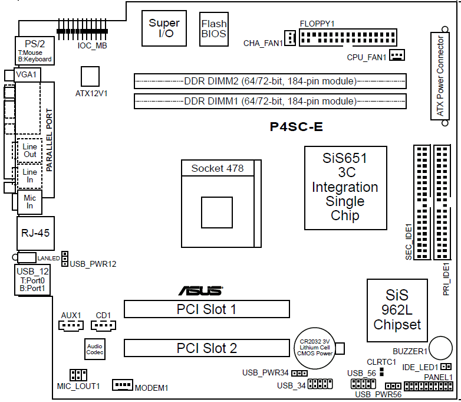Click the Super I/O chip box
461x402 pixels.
pyautogui.click(x=164, y=28)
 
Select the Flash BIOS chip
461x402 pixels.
pyautogui.click(x=213, y=28)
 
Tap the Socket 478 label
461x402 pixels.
pyautogui.click(x=217, y=168)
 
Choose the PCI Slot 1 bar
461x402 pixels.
pyautogui.click(x=206, y=309)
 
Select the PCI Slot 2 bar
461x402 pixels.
pyautogui.click(x=206, y=348)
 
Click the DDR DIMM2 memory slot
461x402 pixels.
pyautogui.click(x=270, y=81)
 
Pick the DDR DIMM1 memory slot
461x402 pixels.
pyautogui.click(x=270, y=101)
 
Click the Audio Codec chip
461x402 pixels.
pyautogui.click(x=94, y=348)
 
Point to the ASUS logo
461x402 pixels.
pyautogui.click(x=200, y=290)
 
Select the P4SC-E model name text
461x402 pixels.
pyautogui.click(x=296, y=126)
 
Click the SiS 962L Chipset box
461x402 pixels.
pyautogui.click(x=397, y=310)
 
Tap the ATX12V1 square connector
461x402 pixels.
pyautogui.click(x=90, y=76)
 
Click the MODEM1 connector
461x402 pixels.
pyautogui.click(x=123, y=385)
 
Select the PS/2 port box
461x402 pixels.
pyautogui.click(x=34, y=50)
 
